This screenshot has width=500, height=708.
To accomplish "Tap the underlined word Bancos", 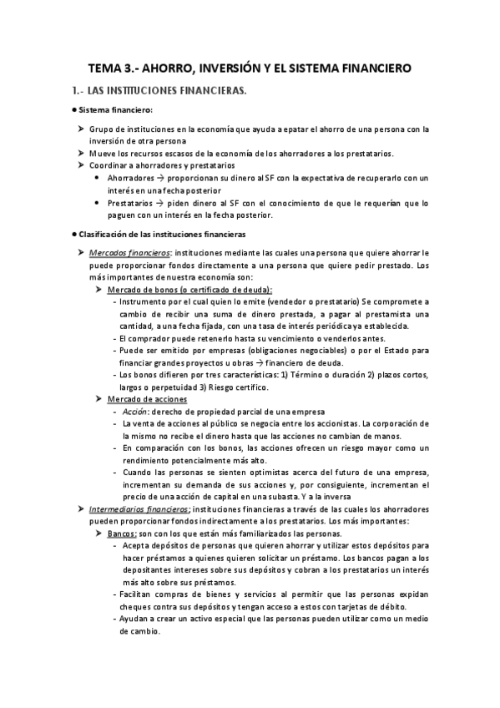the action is pyautogui.click(x=122, y=533).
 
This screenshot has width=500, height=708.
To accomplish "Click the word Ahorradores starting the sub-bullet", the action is pyautogui.click(x=130, y=178).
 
